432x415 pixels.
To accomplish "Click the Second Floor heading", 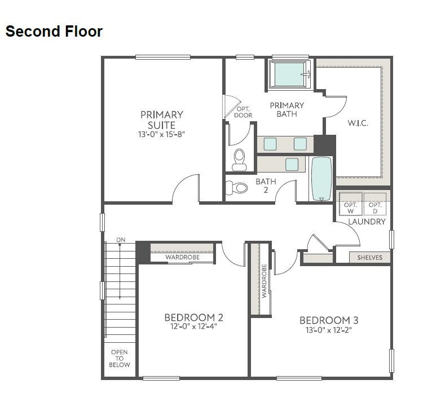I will click(54, 32).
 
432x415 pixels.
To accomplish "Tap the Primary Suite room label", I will click(162, 120).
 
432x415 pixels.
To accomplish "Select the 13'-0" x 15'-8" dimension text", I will click(162, 135).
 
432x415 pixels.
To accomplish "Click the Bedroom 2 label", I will click(194, 317).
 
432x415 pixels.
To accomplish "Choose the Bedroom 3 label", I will click(329, 320).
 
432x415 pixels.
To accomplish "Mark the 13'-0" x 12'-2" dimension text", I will click(329, 330).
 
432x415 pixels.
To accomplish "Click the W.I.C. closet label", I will click(358, 123).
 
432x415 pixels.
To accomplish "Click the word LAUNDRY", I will click(367, 222).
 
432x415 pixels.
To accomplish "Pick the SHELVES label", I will click(370, 258).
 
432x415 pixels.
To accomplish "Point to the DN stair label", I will click(121, 240).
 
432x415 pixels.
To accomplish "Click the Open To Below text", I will click(120, 358).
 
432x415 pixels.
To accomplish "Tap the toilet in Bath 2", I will click(237, 188).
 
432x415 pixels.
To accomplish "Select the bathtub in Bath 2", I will click(322, 179).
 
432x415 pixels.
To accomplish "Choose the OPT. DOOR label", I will click(244, 112).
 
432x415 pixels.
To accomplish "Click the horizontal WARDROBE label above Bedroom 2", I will click(182, 258).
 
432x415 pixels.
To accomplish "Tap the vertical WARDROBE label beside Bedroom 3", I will click(263, 281).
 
